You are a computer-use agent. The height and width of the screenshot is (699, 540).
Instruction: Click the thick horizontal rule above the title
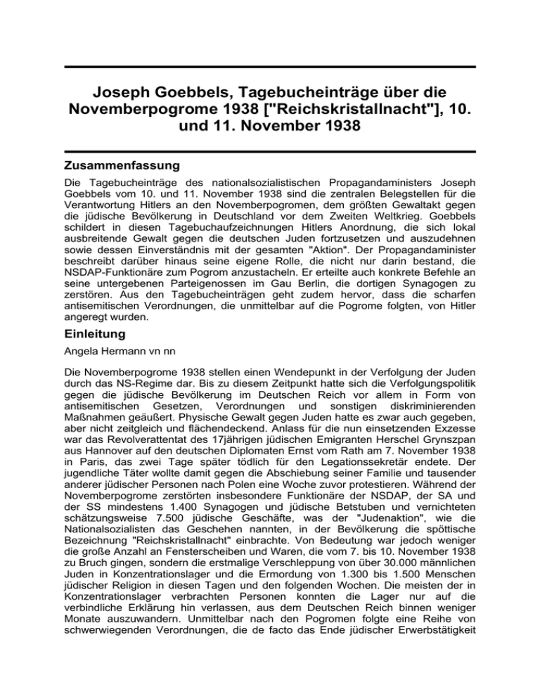270,68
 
